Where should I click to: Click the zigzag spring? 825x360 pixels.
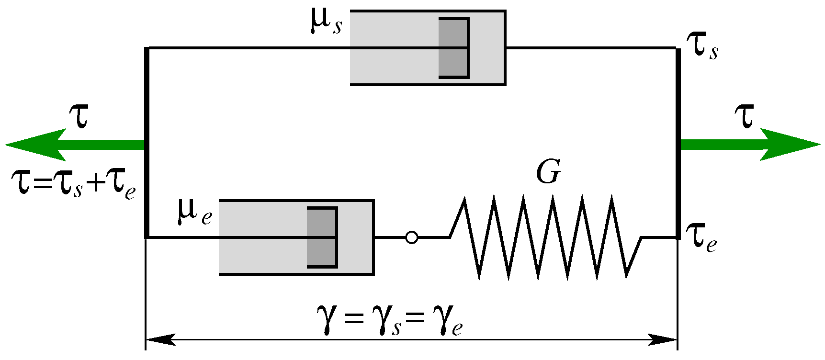(546, 237)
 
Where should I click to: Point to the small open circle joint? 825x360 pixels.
(411, 237)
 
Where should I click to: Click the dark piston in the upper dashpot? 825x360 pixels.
(453, 48)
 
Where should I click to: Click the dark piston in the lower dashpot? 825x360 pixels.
(321, 237)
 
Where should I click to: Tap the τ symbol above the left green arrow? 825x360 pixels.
(79, 116)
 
